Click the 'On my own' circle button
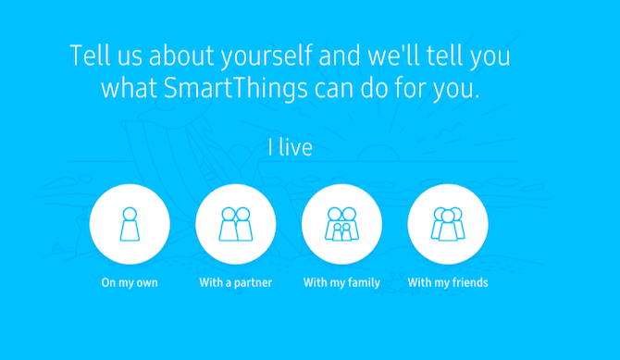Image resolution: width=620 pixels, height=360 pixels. tap(130, 225)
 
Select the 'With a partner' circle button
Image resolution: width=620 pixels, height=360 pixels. tap(236, 225)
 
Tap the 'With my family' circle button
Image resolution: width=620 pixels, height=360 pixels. tap(341, 225)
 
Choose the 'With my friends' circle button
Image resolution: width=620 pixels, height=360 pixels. tap(448, 225)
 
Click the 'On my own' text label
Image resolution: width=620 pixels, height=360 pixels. tap(130, 282)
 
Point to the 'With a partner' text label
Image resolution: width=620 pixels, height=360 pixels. tap(236, 282)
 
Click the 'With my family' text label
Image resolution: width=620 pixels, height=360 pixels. tap(341, 282)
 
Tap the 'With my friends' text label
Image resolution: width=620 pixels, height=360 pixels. tap(448, 282)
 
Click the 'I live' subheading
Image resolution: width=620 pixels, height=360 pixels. tap(290, 147)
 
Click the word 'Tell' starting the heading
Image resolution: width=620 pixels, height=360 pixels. tap(86, 55)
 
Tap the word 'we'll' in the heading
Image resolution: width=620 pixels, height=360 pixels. tap(368, 55)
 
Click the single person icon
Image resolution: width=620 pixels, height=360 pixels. tap(130, 224)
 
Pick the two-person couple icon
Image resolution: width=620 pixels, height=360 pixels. tap(236, 224)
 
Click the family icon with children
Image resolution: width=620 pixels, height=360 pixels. tap(341, 224)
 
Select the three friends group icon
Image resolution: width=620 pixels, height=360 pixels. tap(448, 224)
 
